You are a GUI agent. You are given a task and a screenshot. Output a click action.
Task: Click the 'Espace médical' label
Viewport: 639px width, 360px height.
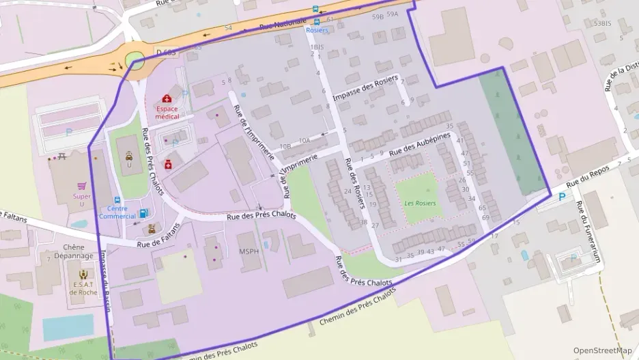click(167, 112)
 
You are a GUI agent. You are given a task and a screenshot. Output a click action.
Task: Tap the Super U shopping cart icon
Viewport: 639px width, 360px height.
click(83, 186)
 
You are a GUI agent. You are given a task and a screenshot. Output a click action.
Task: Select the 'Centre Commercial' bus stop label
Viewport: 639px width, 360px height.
click(117, 212)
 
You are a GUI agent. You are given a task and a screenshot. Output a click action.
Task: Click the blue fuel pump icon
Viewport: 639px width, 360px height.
click(143, 213)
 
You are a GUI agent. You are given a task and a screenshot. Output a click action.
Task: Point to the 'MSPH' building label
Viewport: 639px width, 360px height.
click(248, 251)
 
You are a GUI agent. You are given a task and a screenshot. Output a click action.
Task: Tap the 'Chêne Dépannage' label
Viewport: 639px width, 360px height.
click(78, 251)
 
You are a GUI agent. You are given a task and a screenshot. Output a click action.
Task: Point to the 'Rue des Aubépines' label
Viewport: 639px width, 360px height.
click(420, 146)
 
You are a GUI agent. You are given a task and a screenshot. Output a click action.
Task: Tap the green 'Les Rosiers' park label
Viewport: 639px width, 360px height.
click(420, 203)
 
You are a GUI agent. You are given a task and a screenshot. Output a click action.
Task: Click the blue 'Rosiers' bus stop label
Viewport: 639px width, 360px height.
click(317, 31)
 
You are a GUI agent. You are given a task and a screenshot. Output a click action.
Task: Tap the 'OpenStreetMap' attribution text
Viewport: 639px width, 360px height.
click(603, 350)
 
